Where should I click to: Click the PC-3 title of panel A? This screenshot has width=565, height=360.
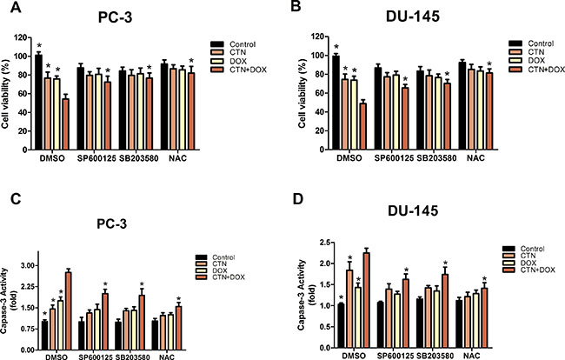click(x=103, y=16)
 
